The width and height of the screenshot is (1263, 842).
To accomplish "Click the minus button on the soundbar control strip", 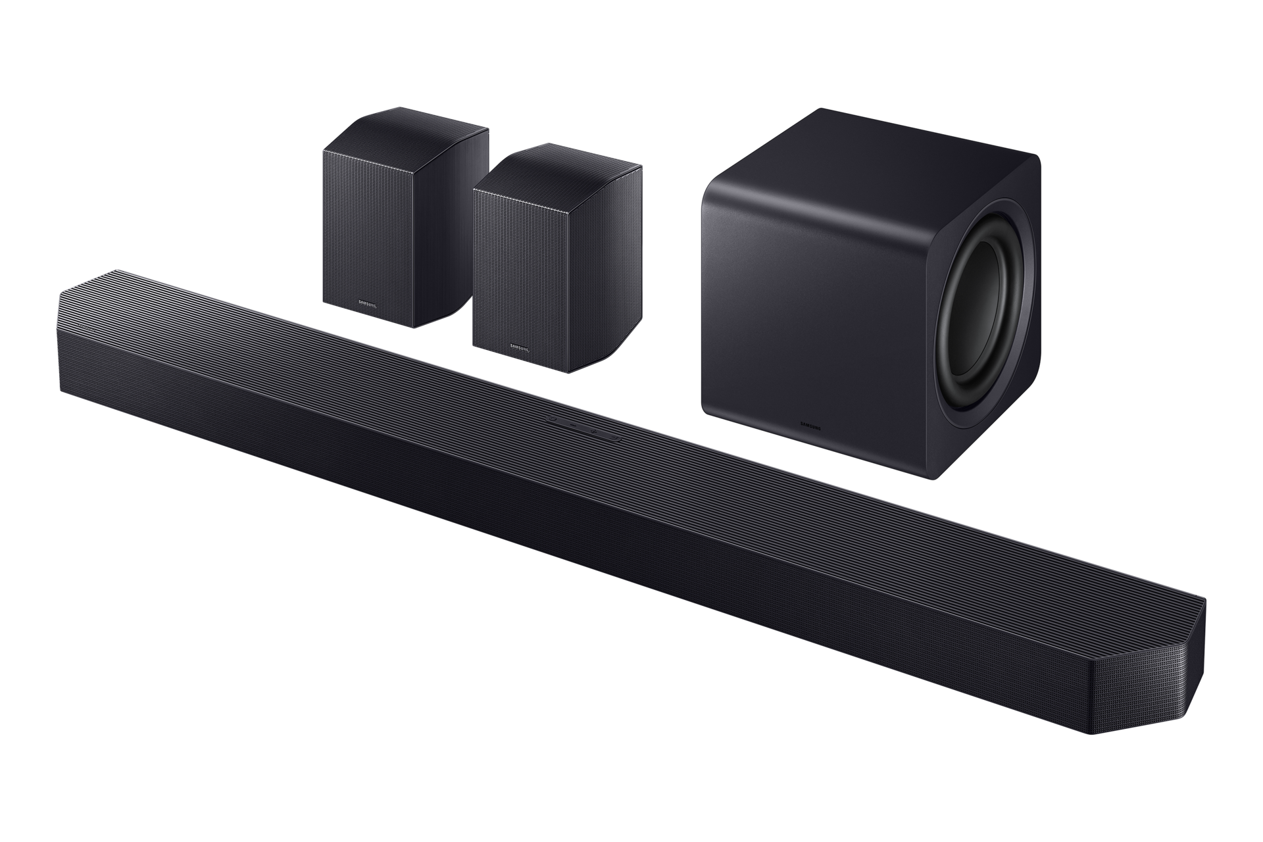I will point(573,425).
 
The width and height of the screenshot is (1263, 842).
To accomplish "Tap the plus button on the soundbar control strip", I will point(594,432).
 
